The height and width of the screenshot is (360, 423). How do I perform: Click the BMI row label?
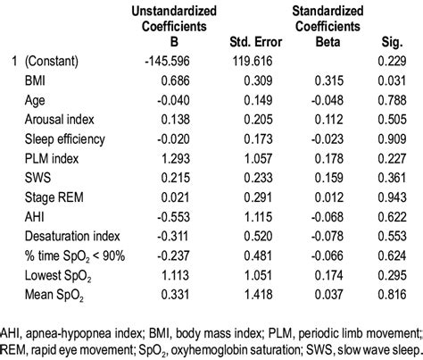pos(38,80)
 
